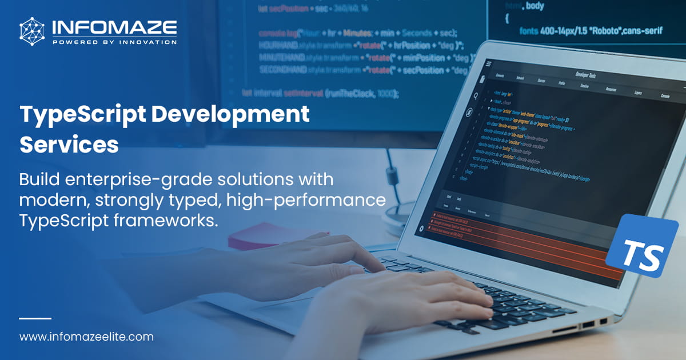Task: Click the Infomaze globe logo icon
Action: click(32, 31)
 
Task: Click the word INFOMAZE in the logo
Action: click(114, 27)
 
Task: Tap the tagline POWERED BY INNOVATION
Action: click(114, 42)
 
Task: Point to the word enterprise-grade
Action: click(140, 179)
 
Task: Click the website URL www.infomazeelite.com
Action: click(86, 337)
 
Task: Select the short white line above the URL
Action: click(35, 318)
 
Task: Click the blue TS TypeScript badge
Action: click(642, 245)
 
